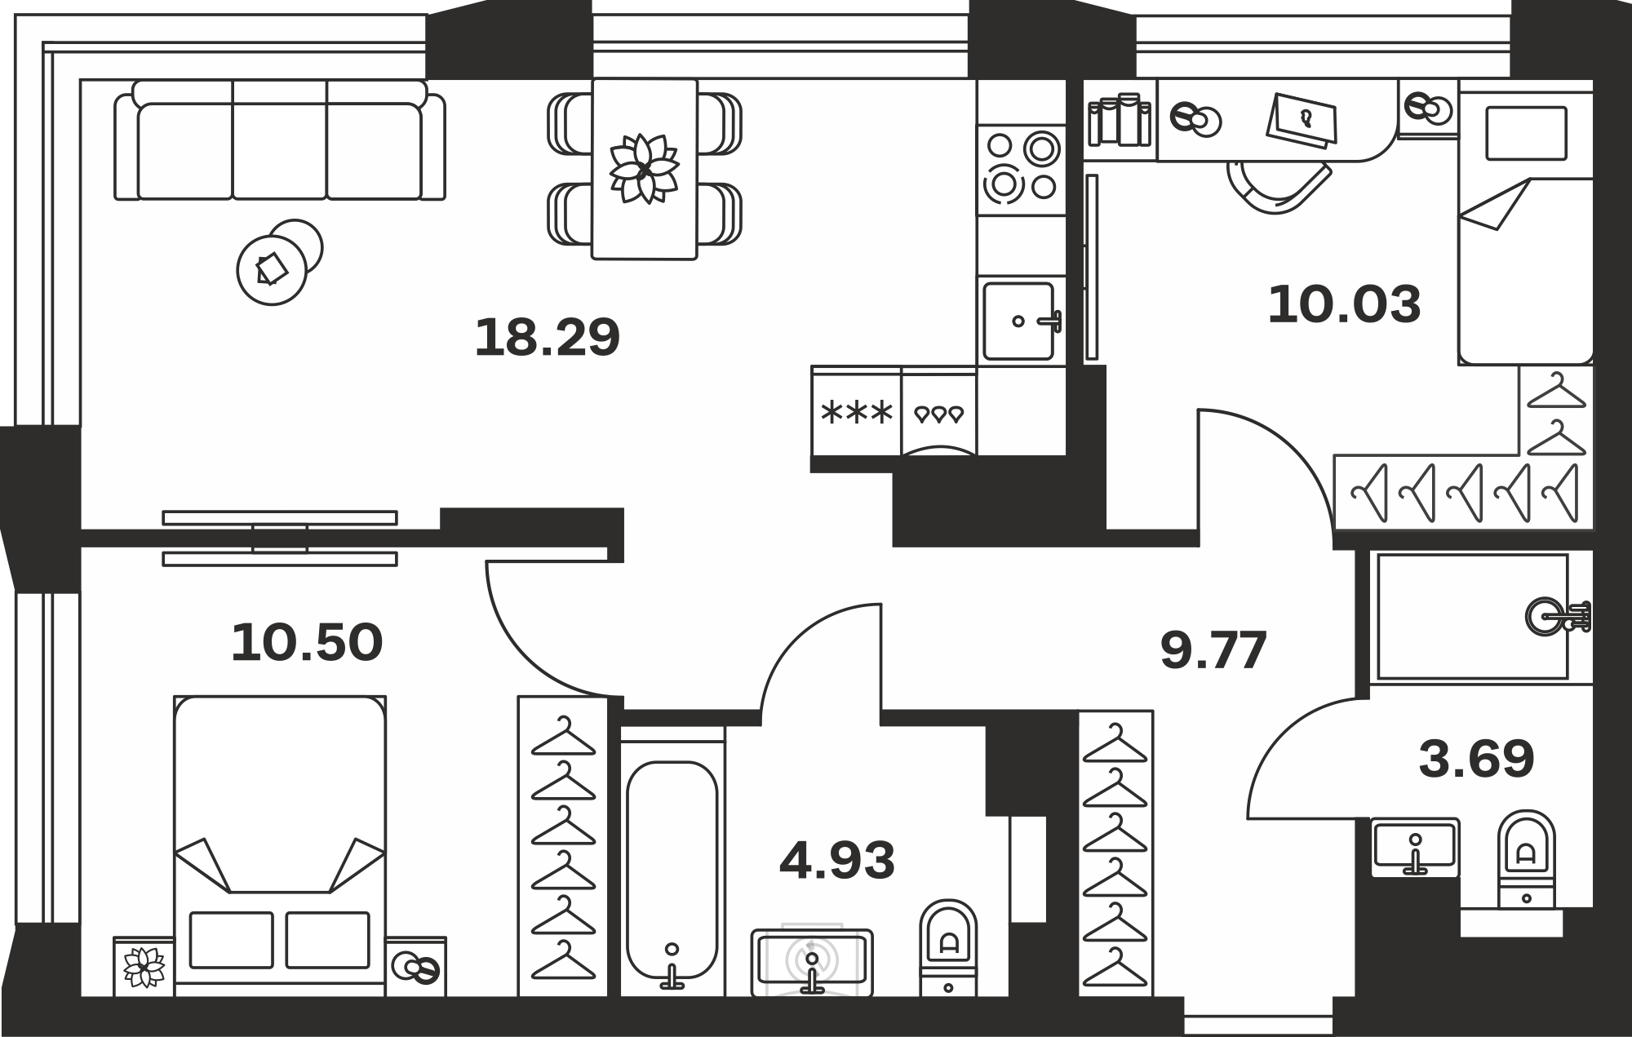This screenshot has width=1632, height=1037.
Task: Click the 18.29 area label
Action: click(548, 338)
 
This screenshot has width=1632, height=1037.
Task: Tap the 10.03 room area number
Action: click(1344, 304)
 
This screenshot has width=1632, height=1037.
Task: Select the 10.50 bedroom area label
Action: click(307, 642)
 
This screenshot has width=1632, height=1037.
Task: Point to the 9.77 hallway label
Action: click(1213, 650)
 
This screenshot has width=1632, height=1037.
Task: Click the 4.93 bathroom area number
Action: click(837, 861)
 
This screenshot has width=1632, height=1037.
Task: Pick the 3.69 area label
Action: click(1476, 759)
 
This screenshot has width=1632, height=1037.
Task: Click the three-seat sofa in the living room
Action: click(280, 140)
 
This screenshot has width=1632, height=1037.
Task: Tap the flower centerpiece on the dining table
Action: click(645, 168)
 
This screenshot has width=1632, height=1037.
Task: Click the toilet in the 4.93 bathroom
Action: click(948, 947)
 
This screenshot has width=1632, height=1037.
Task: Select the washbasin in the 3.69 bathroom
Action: click(1415, 847)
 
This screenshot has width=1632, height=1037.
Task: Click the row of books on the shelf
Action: click(1120, 120)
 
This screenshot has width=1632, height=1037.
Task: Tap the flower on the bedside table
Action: click(144, 967)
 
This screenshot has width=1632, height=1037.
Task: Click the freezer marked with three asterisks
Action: click(857, 413)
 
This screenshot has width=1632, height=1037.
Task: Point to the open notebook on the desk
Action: click(1304, 121)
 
